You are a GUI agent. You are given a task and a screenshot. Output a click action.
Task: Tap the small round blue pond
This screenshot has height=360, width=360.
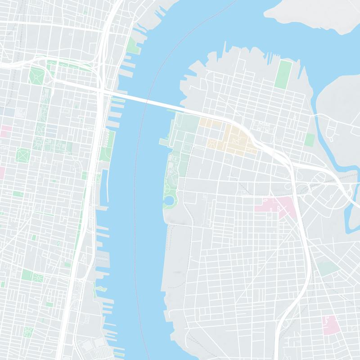point(168,199)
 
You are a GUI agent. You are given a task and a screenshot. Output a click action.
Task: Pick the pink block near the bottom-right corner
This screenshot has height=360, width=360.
point(330,325)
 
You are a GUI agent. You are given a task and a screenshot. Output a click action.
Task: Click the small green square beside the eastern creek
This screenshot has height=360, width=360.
point(310,139)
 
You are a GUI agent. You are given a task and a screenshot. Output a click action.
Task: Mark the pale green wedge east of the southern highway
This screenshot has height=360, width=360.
point(328,269)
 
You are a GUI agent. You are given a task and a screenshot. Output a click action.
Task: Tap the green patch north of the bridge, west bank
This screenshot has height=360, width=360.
point(132,45)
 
